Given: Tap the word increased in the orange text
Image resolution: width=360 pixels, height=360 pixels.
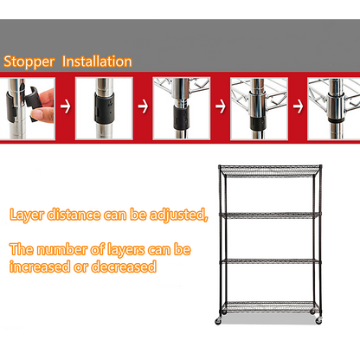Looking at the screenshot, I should (x=39, y=267).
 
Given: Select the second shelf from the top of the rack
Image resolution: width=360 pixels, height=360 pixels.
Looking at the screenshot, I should (x=267, y=213).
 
